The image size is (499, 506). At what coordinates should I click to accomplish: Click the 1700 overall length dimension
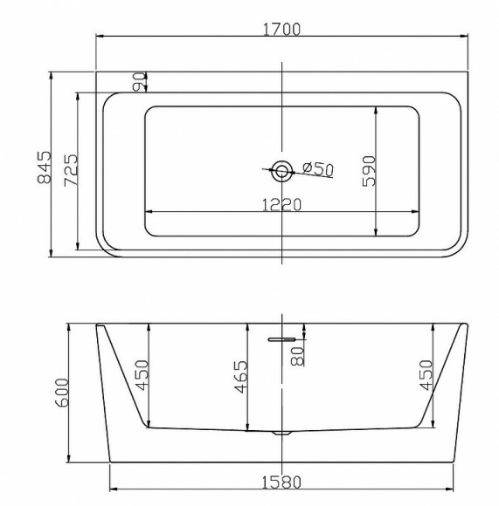pos(281,30)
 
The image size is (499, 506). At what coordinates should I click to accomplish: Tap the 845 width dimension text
pos(45,168)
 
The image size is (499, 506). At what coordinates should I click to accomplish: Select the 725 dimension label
pos(72,170)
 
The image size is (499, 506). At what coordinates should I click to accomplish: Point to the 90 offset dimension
pos(139,82)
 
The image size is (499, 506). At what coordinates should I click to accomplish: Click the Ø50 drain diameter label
pos(318,168)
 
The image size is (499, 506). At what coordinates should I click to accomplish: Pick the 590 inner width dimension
pos(370,171)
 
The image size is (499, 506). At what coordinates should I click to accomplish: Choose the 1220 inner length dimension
pos(281,205)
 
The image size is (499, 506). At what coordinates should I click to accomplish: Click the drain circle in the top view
pos(281,171)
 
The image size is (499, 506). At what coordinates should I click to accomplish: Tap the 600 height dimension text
pos(62,393)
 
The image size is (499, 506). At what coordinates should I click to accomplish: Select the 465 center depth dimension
pos(241,377)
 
